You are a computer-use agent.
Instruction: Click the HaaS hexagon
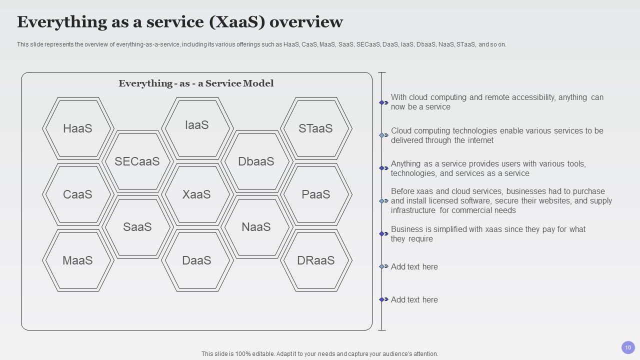click(78, 128)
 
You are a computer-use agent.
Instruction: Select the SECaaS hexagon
click(137, 161)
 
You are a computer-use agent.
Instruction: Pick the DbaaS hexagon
click(256, 161)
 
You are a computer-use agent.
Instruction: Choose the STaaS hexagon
click(315, 128)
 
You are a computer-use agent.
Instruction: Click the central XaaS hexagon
click(197, 194)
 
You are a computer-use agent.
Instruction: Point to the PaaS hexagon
click(315, 194)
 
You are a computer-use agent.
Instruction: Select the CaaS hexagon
click(78, 194)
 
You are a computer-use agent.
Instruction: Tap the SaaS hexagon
click(137, 226)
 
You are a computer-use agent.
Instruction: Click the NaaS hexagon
click(256, 226)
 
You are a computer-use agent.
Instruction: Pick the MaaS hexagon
click(78, 260)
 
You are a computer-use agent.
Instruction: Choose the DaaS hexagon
click(197, 260)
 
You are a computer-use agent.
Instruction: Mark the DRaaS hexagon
click(315, 260)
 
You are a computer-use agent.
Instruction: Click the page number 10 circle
click(628, 347)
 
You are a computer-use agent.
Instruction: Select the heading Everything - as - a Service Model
click(196, 83)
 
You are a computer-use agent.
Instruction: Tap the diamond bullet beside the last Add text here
click(383, 299)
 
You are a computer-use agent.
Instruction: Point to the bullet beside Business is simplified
click(383, 233)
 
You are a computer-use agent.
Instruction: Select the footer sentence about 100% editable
click(319, 353)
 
